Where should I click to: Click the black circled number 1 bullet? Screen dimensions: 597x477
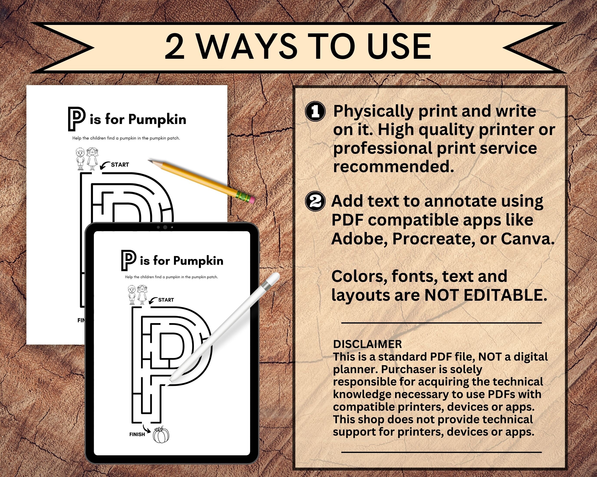[x=315, y=111]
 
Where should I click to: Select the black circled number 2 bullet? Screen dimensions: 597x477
[x=315, y=201]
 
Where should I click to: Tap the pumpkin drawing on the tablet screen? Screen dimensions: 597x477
[x=161, y=435]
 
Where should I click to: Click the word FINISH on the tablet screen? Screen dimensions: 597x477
[x=137, y=435]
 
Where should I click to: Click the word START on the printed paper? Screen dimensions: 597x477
[x=120, y=165]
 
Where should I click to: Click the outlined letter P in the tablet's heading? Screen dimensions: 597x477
[x=129, y=260]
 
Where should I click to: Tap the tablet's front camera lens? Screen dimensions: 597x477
[x=165, y=227]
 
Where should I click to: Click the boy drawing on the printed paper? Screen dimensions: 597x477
[x=80, y=159]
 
